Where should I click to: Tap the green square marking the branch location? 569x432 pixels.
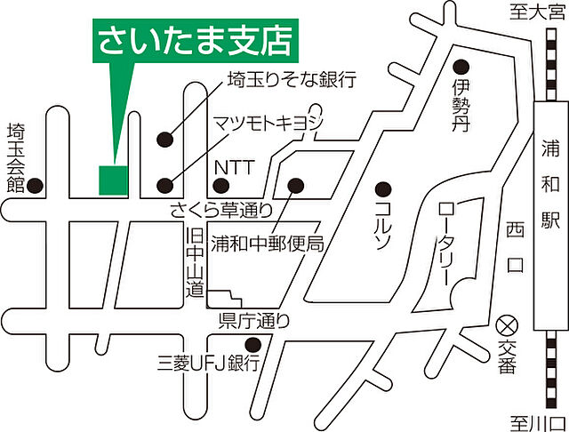(112, 180)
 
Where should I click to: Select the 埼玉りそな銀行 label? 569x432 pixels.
(291, 81)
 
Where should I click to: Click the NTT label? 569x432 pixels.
(228, 166)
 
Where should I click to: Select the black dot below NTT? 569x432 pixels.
(220, 186)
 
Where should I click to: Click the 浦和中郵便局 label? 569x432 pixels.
(266, 241)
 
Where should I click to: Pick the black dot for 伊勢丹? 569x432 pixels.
(461, 66)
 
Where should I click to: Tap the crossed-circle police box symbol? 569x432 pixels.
(508, 323)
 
